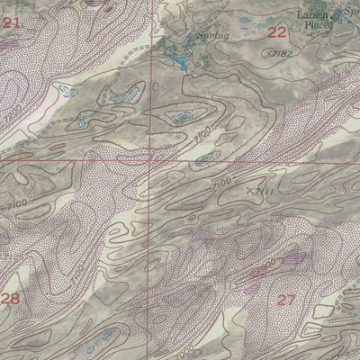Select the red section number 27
(x=286, y=300)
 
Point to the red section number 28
(x=11, y=299)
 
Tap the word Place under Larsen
(x=317, y=26)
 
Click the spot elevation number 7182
(x=283, y=55)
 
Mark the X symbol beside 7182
(x=267, y=52)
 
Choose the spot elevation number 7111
(x=264, y=192)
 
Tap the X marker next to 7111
(x=249, y=190)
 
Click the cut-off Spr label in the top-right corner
(x=352, y=12)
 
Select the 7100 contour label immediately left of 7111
(x=219, y=184)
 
